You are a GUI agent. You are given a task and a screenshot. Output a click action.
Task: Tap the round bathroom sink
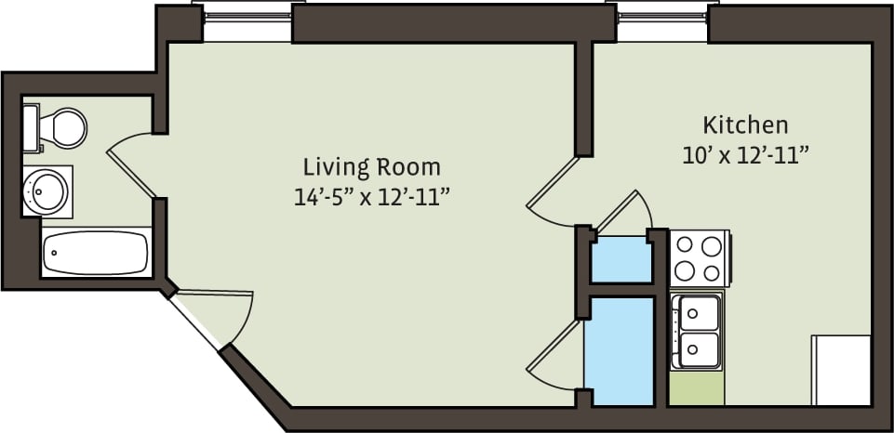pyautogui.click(x=44, y=190)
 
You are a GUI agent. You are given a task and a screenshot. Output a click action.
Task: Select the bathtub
pyautogui.click(x=96, y=252)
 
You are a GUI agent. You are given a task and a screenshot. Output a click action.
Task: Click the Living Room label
pyautogui.click(x=371, y=167)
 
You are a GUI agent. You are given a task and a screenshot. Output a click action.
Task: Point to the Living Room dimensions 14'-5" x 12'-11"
pyautogui.click(x=370, y=197)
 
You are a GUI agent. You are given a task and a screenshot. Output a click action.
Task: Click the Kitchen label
pyautogui.click(x=745, y=125)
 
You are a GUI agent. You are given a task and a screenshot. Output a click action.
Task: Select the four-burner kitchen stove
pyautogui.click(x=699, y=258)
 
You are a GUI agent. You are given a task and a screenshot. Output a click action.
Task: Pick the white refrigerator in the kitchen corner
pyautogui.click(x=841, y=370)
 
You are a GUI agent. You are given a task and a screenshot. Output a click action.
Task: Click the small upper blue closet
pyautogui.click(x=621, y=259)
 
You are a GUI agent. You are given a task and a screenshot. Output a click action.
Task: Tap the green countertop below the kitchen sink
pyautogui.click(x=697, y=388)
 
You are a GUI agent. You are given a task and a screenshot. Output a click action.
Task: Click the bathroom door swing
pyautogui.click(x=130, y=163)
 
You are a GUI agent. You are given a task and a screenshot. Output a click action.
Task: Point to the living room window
pyautogui.click(x=247, y=20)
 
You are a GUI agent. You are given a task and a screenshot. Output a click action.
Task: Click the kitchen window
pyautogui.click(x=661, y=20)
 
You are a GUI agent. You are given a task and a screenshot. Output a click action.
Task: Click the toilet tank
pyautogui.click(x=31, y=127)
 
